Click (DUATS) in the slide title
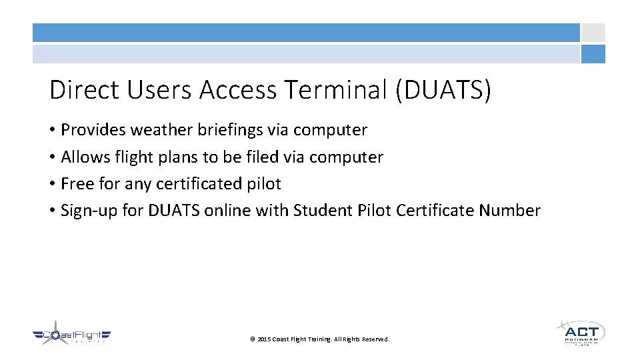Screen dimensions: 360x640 click(x=443, y=90)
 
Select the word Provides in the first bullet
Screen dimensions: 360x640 click(x=93, y=130)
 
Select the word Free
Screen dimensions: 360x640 click(x=77, y=183)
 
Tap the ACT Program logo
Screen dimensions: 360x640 click(x=581, y=332)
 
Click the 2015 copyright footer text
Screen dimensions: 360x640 click(x=319, y=339)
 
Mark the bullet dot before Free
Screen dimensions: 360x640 click(x=52, y=184)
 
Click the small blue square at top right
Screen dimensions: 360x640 click(x=593, y=54)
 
